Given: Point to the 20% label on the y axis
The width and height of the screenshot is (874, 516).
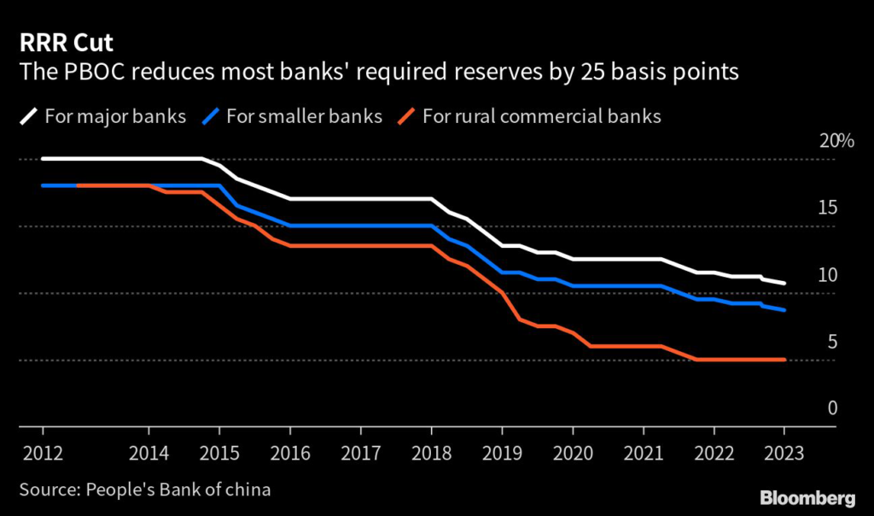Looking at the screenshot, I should click(x=836, y=141).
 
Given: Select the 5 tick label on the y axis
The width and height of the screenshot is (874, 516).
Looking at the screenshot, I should click(x=832, y=342).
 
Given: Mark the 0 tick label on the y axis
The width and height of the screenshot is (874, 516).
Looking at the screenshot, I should click(x=832, y=408).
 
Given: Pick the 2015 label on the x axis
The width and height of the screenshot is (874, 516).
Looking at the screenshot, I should click(x=218, y=453).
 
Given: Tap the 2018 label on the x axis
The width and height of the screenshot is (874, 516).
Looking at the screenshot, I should click(x=430, y=453).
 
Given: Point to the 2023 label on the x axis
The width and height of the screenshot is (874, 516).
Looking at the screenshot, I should click(x=784, y=453).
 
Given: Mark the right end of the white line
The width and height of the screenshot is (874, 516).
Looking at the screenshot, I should click(x=784, y=283).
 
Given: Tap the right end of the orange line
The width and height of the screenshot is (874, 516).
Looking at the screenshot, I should click(x=784, y=360).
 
